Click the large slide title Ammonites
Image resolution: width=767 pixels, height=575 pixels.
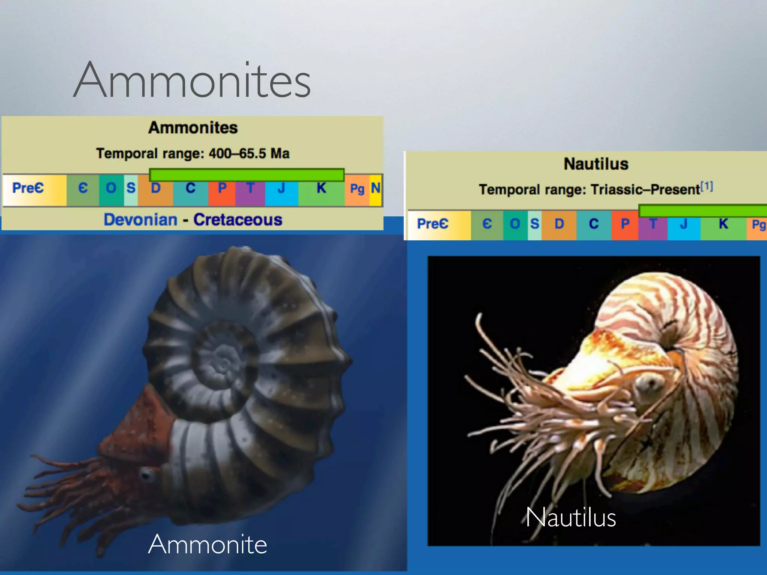[192, 80]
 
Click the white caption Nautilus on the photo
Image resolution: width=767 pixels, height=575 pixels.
[570, 517]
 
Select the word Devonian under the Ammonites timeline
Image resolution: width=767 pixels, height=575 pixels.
[140, 220]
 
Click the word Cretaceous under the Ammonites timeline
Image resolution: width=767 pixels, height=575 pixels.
[238, 220]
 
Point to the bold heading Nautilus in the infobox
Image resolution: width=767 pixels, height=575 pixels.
[596, 164]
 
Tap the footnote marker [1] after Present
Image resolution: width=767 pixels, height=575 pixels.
[707, 186]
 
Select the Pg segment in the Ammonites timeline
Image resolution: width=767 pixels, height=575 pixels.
[357, 189]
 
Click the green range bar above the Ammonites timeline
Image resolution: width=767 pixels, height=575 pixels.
[246, 174]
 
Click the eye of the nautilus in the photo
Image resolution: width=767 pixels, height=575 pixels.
[650, 383]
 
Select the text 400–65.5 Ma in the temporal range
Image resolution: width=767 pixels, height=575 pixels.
[249, 153]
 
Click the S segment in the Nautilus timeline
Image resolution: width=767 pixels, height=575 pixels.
[534, 224]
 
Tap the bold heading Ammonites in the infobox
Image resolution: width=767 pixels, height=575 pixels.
[193, 128]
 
